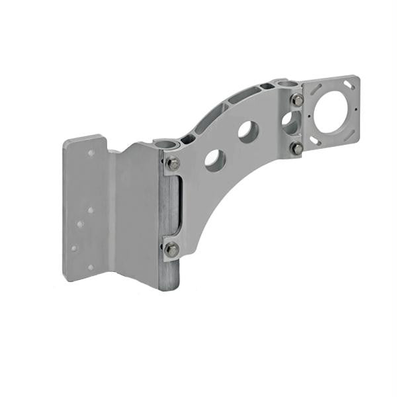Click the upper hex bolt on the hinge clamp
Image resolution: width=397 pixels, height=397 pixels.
pos(173,163)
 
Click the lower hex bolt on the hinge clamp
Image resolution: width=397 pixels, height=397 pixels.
pos(171,249)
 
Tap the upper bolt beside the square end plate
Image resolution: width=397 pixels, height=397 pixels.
pos(297,100)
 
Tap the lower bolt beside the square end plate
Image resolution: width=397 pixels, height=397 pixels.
pos(297,149)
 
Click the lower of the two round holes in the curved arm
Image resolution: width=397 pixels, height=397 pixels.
pos(214,159)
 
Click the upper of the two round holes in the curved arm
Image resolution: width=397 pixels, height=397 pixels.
pos(248,130)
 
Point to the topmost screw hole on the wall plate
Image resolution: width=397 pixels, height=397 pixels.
pos(91,153)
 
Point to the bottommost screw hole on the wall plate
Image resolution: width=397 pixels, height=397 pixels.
pos(91,267)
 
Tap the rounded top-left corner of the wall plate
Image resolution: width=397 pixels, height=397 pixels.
pos(68,142)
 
